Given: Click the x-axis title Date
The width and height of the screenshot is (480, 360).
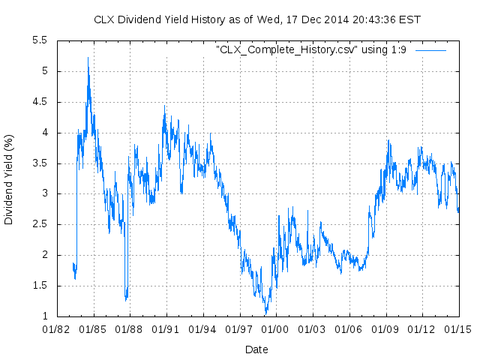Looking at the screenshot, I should click(x=256, y=349).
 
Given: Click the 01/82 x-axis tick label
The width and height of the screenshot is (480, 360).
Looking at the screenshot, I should click(x=57, y=328).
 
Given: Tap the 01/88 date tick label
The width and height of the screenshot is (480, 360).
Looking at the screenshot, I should click(x=129, y=328).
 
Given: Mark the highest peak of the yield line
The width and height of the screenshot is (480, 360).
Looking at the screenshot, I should click(x=88, y=58).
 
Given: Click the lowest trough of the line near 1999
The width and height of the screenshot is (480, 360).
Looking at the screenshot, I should click(x=265, y=313).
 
